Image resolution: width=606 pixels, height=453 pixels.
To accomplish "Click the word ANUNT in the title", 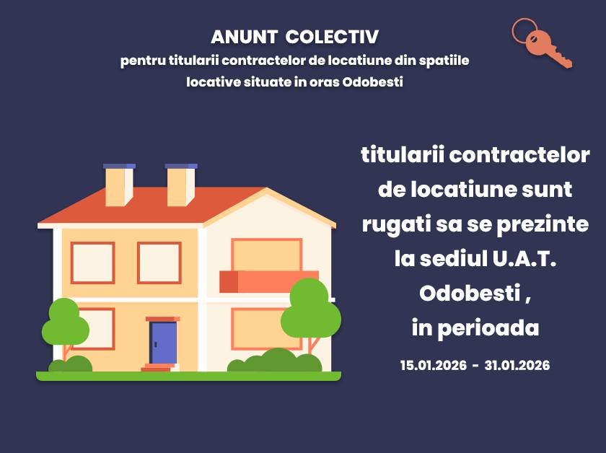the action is click(x=244, y=37).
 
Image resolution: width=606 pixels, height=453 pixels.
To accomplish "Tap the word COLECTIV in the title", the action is click(x=332, y=37).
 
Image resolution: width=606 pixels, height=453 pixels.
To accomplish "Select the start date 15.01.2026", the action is click(x=434, y=365).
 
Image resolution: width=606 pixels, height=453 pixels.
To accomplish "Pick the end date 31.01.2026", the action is click(x=517, y=365).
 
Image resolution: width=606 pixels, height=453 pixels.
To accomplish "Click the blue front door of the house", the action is click(x=163, y=343).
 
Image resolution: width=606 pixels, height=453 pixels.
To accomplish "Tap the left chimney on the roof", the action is click(x=119, y=185).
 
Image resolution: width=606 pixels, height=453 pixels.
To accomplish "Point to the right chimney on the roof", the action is click(x=181, y=185).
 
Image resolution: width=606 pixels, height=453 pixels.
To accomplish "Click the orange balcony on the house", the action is click(x=268, y=281).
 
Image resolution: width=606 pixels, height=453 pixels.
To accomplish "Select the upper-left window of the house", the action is click(x=93, y=263).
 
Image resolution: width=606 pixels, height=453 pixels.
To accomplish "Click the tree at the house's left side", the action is click(x=66, y=328).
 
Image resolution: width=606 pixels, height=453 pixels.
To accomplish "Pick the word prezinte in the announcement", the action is click(x=543, y=225).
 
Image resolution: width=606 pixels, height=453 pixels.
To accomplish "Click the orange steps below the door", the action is click(x=157, y=367).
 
